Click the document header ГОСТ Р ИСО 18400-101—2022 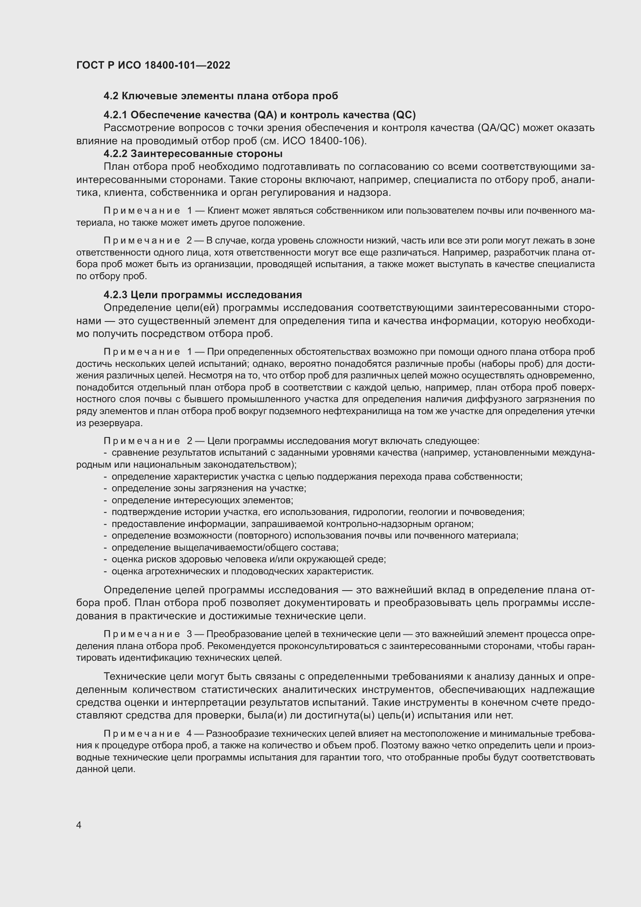(x=153, y=65)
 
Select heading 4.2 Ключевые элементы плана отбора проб (x=221, y=96)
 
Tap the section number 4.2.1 (x=115, y=115)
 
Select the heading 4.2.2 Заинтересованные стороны (x=193, y=153)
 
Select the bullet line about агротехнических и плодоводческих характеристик (x=242, y=571)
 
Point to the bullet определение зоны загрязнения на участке (x=209, y=488)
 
